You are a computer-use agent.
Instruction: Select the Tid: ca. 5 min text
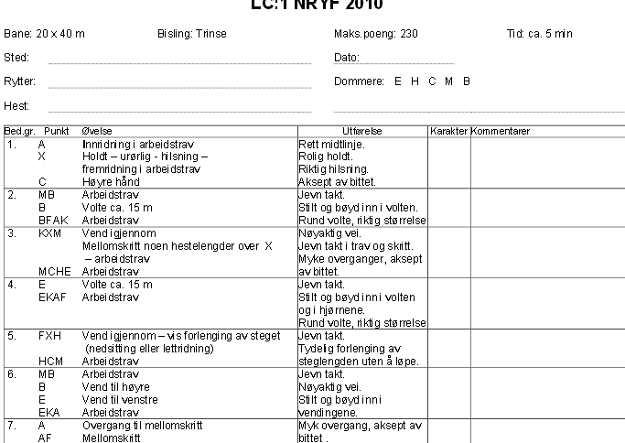[539, 34]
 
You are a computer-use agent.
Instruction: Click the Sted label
[16, 58]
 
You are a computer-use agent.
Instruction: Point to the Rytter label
[20, 81]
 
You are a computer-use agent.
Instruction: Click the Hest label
[16, 106]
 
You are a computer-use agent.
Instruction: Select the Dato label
[348, 58]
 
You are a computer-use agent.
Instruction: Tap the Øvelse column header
[97, 132]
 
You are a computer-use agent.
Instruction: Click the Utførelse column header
[363, 132]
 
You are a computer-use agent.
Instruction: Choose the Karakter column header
[448, 132]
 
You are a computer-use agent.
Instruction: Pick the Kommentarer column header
[501, 132]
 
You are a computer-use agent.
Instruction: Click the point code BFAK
[50, 221]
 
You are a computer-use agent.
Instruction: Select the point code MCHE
[52, 272]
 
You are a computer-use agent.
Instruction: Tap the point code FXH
[49, 336]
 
